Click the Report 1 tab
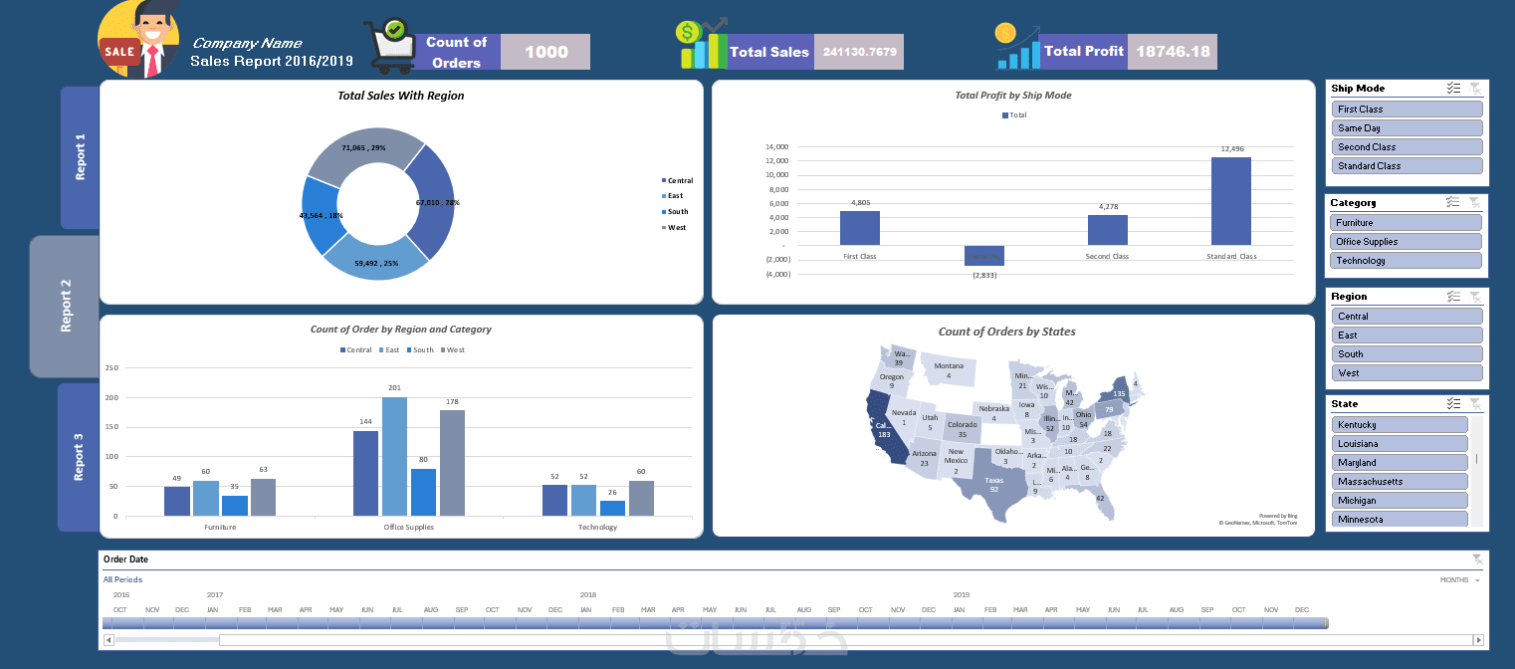(x=81, y=157)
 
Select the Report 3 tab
(x=79, y=457)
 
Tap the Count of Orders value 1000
(x=545, y=52)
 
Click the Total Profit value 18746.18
(x=1173, y=52)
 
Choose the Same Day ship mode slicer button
(x=1407, y=128)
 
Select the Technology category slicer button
(x=1406, y=261)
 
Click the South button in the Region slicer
(x=1407, y=354)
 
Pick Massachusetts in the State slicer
(x=1400, y=482)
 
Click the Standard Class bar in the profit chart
(x=1230, y=201)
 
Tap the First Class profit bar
(x=859, y=228)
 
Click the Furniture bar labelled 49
(x=176, y=501)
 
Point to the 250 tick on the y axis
(x=111, y=368)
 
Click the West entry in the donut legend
(x=677, y=228)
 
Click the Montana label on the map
(x=949, y=366)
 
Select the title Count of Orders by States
(x=1006, y=332)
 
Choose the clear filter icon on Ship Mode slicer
(x=1475, y=89)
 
